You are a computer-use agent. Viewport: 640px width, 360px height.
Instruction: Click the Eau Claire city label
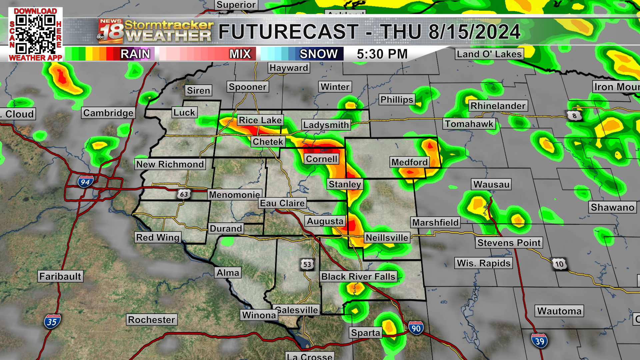[x=282, y=203]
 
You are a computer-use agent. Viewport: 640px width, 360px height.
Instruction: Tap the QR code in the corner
[x=35, y=34]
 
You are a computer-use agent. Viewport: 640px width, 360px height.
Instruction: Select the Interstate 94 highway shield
[x=85, y=182]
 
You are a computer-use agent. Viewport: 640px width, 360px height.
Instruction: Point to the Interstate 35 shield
[x=52, y=322]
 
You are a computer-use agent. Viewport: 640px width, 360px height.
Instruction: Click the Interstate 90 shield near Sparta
[x=416, y=328]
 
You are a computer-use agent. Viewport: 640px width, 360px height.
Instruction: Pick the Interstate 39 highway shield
[x=539, y=341]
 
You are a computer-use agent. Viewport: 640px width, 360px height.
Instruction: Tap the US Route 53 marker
[x=307, y=265]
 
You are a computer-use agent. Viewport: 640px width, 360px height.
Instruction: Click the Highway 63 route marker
[x=184, y=194]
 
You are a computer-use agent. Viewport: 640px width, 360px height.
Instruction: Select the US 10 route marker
[x=559, y=264]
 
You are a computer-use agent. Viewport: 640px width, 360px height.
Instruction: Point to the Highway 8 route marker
[x=574, y=116]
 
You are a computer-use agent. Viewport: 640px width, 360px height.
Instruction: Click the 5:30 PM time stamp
[x=382, y=54]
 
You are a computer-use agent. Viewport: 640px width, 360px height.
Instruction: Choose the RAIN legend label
[x=135, y=54]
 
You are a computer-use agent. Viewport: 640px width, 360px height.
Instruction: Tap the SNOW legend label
[x=319, y=54]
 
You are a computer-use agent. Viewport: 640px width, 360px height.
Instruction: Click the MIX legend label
[x=240, y=54]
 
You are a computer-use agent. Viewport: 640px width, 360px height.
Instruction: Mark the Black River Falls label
[x=358, y=276]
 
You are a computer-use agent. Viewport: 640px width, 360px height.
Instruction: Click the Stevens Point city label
[x=509, y=243]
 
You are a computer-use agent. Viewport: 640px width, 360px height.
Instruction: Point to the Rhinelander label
[x=498, y=106]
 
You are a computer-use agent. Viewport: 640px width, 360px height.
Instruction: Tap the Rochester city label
[x=152, y=320]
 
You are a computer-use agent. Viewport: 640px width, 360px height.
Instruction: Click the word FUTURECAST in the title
[x=289, y=32]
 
